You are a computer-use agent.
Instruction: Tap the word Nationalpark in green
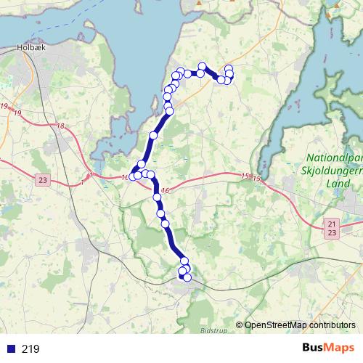point(335,158)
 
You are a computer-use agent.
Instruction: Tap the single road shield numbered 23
point(43,180)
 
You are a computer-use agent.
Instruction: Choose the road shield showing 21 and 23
point(332,227)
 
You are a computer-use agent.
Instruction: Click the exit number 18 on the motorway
point(60,126)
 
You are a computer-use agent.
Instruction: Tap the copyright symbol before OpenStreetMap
point(239,325)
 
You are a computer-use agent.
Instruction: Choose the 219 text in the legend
point(30,348)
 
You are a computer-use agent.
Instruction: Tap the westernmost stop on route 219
point(131,177)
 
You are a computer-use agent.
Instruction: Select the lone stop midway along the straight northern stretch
point(153,136)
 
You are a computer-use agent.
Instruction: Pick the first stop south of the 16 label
point(157,197)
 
